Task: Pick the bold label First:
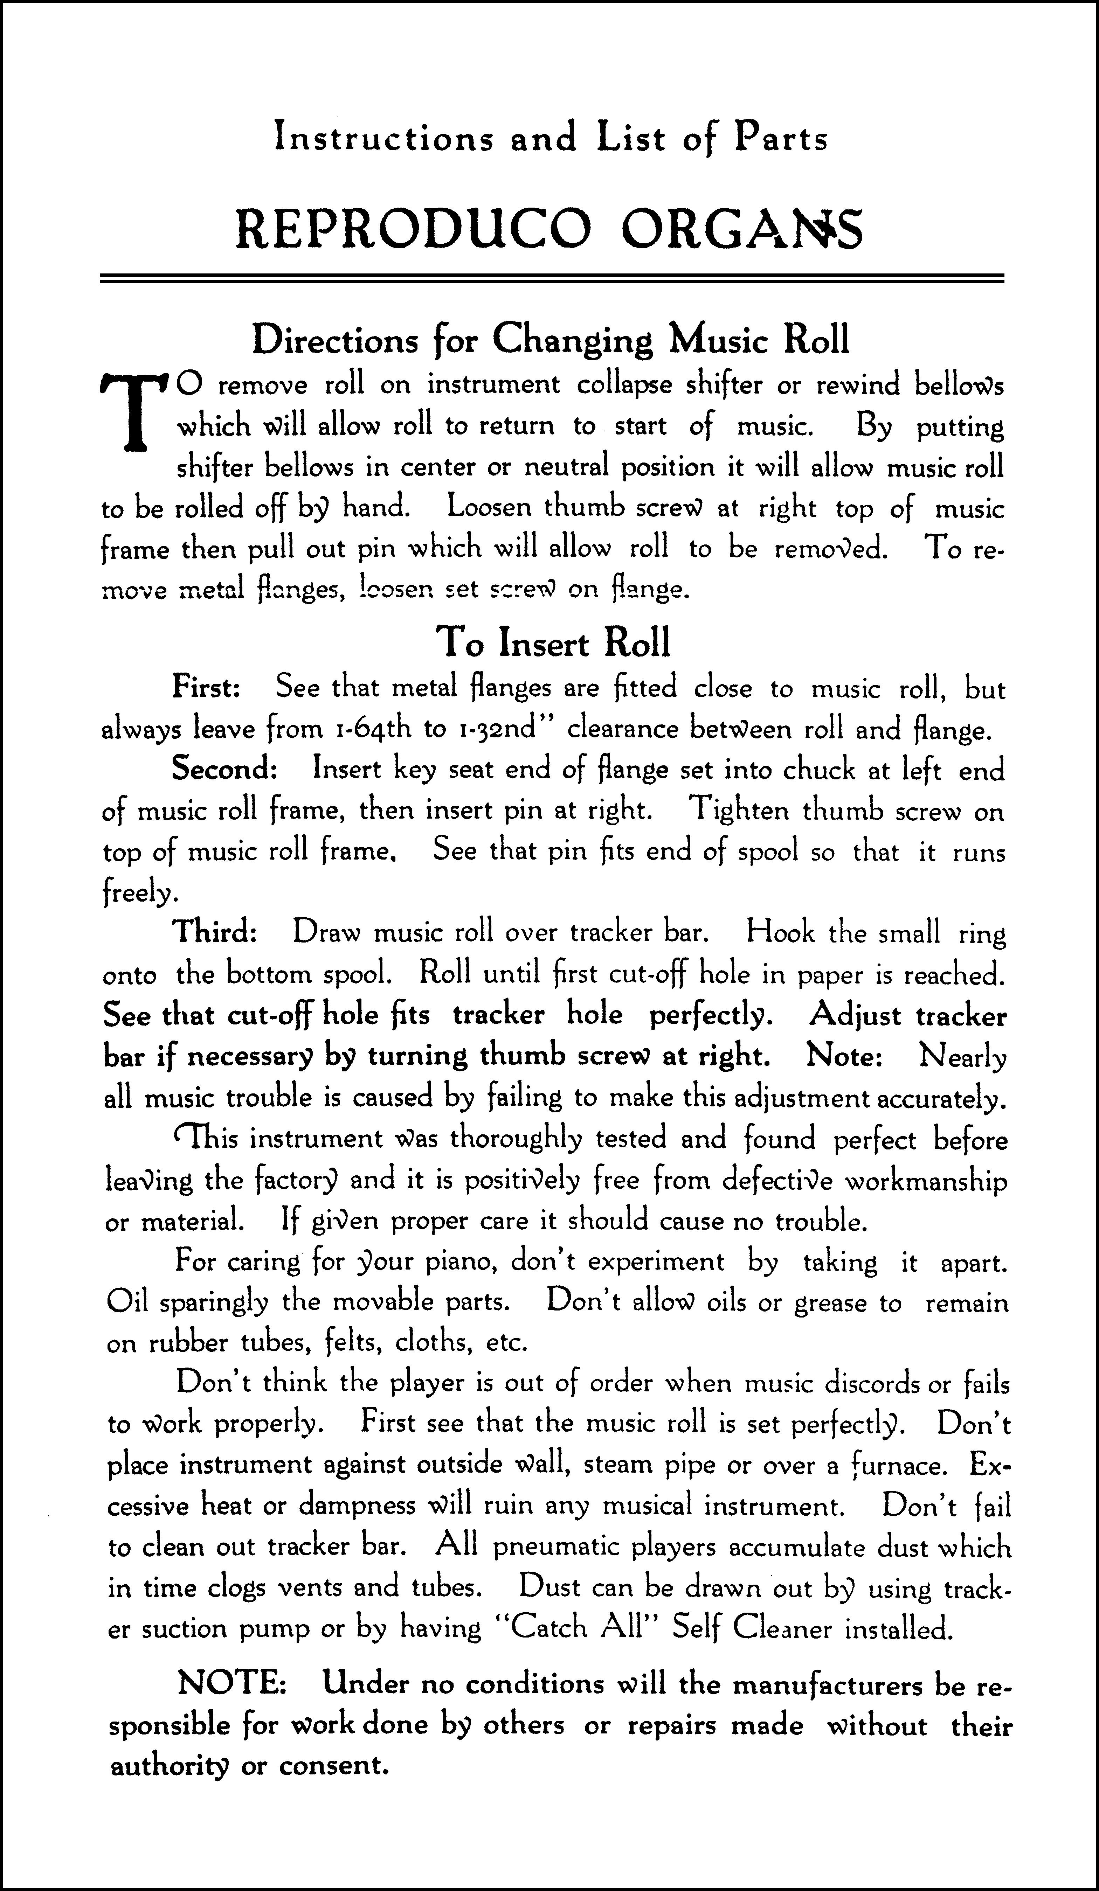coord(206,687)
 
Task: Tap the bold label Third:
coord(216,933)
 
